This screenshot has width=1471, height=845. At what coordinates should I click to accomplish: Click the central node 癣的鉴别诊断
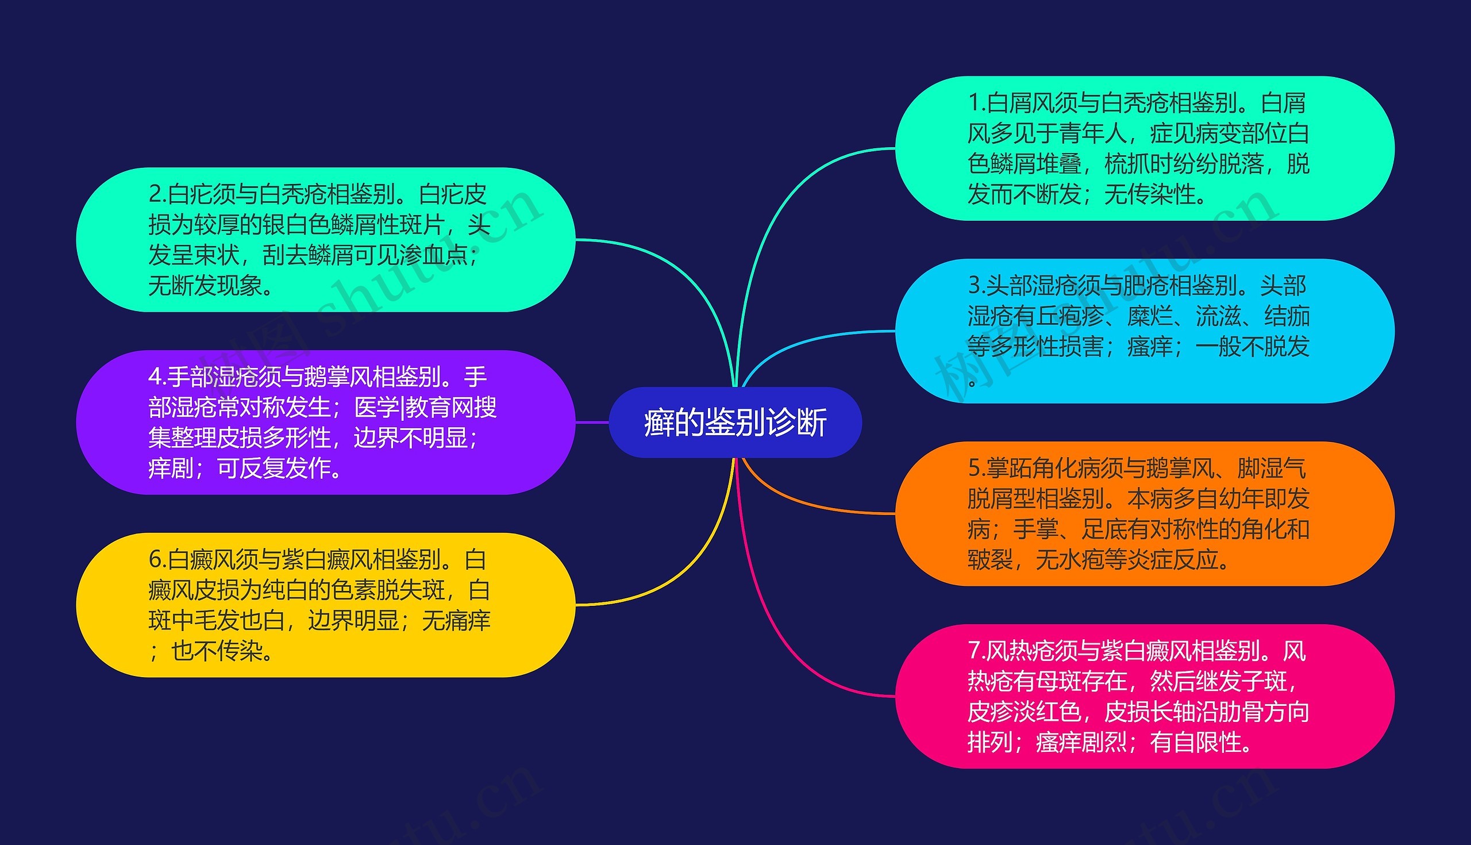point(735,422)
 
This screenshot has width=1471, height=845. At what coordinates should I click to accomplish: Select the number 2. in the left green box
point(157,194)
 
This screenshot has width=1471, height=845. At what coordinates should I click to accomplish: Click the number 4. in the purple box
point(157,377)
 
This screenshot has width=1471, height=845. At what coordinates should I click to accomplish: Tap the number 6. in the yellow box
point(157,560)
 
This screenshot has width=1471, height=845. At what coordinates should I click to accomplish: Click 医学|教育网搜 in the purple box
point(425,408)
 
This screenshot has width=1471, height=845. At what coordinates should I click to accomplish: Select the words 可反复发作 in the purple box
point(272,468)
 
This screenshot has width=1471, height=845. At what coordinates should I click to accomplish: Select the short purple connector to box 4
point(592,422)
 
